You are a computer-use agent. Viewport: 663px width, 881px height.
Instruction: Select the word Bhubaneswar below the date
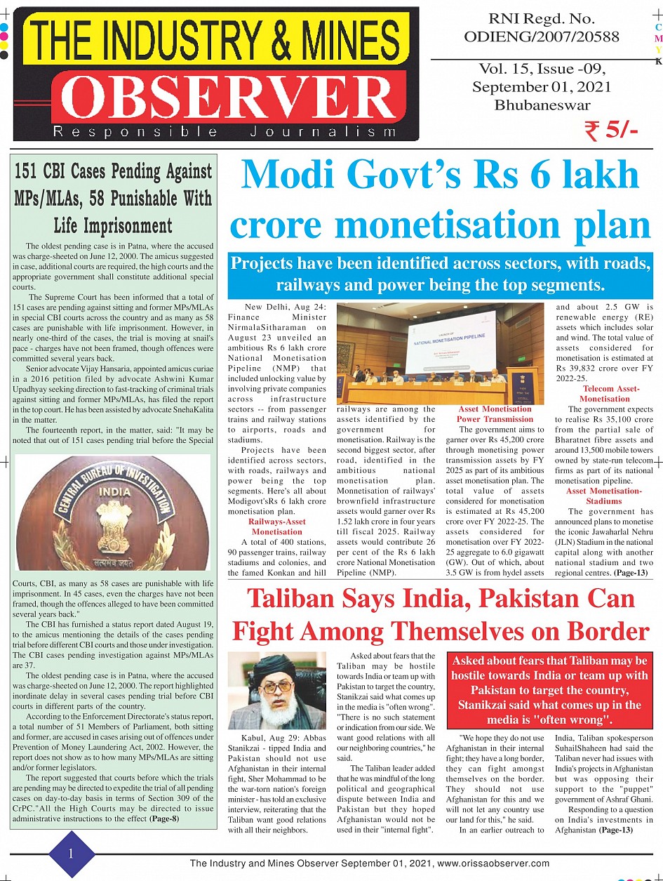tap(542, 105)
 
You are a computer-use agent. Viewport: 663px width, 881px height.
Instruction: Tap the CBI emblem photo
tap(112, 502)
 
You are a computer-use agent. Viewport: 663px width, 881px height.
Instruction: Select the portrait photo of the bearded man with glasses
tap(277, 691)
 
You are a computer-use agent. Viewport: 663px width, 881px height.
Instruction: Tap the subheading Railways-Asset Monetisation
tap(277, 526)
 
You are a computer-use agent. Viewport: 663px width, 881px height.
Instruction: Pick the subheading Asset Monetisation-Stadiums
tap(605, 496)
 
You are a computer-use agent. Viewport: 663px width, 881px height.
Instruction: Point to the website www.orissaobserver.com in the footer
tap(492, 863)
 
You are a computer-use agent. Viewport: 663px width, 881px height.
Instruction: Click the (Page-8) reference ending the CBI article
tap(169, 818)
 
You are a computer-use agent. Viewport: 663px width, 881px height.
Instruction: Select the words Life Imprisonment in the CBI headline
tap(112, 225)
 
